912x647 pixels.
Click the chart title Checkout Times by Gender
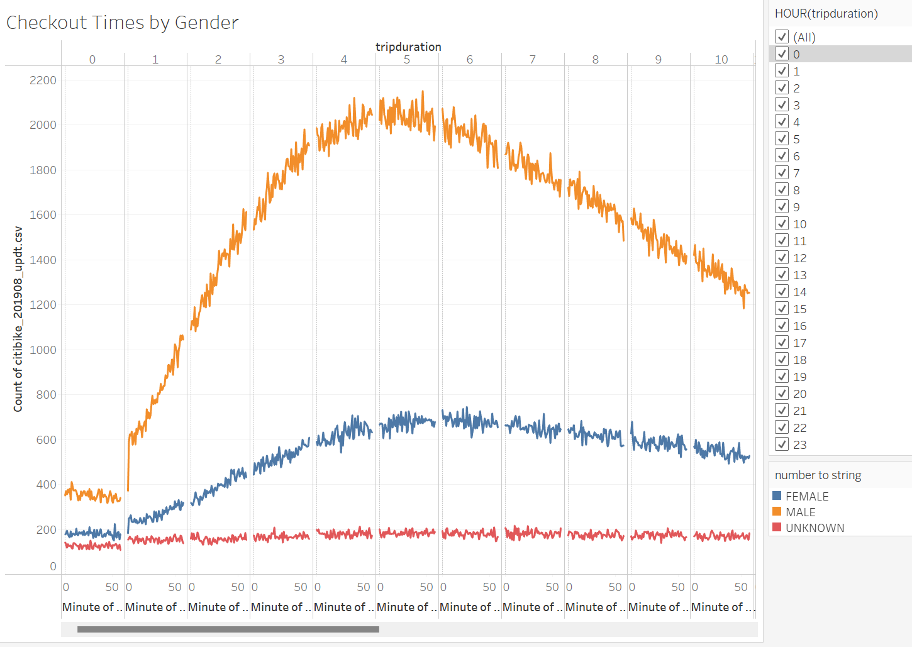[122, 23]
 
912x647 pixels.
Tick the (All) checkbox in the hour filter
[782, 37]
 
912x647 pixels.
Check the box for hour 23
[782, 445]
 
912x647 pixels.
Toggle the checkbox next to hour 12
[782, 258]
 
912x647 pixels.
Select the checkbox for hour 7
[782, 173]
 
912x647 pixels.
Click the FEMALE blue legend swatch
[777, 496]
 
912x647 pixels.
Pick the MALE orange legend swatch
[777, 512]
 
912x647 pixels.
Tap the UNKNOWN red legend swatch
[777, 528]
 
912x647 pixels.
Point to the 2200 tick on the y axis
[43, 80]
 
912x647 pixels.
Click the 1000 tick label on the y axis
[43, 350]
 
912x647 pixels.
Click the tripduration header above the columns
[408, 47]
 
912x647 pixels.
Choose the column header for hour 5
[407, 60]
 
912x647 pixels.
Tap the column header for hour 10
[721, 60]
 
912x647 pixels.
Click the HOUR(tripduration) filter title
[826, 13]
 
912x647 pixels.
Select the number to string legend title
[818, 475]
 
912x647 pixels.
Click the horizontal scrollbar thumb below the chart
[228, 629]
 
